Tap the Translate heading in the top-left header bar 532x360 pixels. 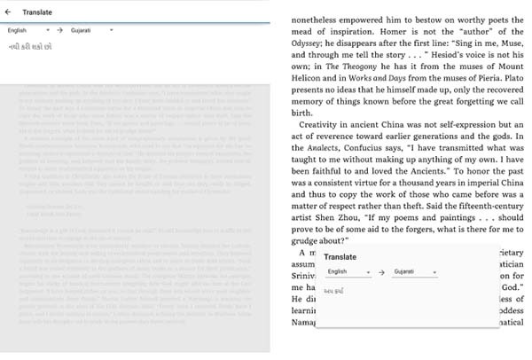tap(36, 13)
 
